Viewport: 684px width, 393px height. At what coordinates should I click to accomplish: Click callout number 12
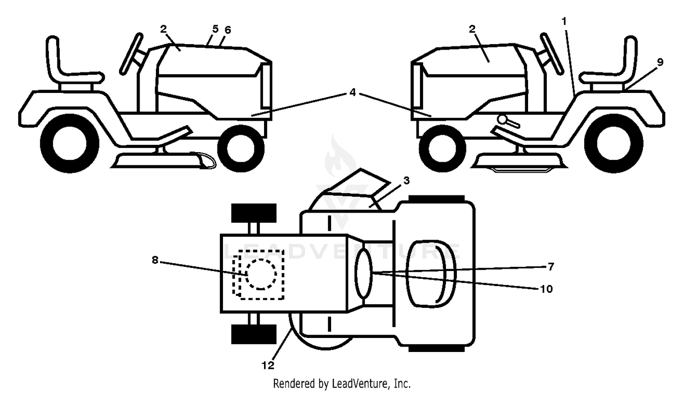[268, 365]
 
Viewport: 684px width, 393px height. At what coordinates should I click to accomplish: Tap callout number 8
[155, 260]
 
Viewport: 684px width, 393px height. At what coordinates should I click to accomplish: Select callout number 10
[546, 289]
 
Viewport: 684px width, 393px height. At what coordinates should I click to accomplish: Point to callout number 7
[550, 267]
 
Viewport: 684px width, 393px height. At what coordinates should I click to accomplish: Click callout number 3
[406, 180]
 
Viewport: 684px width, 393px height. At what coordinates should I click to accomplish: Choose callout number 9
[660, 62]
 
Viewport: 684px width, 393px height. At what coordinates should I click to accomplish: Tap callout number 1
[564, 21]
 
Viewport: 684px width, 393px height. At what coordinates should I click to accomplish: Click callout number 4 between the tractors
[352, 92]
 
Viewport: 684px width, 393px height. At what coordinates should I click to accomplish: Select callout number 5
[216, 29]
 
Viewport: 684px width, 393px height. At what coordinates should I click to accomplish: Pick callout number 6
[228, 30]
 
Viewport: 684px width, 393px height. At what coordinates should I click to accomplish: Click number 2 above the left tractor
[163, 29]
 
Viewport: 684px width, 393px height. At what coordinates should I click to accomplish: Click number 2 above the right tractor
[472, 29]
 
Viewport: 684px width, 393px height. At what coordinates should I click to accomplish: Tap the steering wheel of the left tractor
[131, 54]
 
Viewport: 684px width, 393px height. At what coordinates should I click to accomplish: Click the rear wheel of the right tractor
[613, 143]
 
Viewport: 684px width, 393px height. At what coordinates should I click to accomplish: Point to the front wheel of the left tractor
[241, 148]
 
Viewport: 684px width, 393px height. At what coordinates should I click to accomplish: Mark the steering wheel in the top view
[363, 273]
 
